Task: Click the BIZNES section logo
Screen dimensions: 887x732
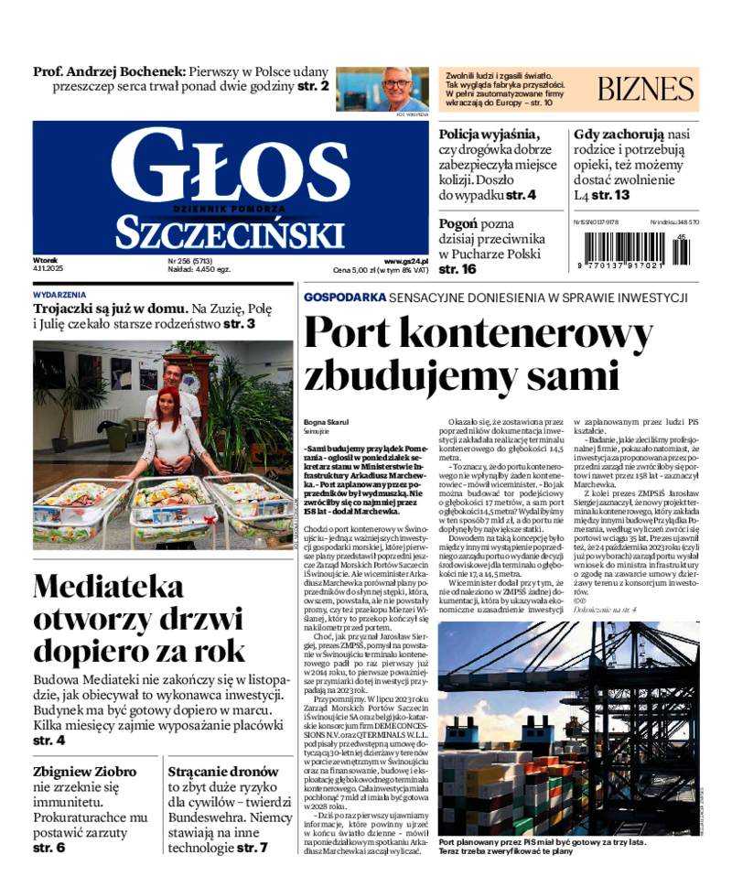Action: pyautogui.click(x=646, y=89)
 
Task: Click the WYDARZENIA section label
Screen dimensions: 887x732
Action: pyautogui.click(x=59, y=295)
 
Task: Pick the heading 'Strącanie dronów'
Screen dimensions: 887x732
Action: pyautogui.click(x=223, y=771)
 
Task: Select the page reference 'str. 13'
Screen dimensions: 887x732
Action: pyautogui.click(x=610, y=195)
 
